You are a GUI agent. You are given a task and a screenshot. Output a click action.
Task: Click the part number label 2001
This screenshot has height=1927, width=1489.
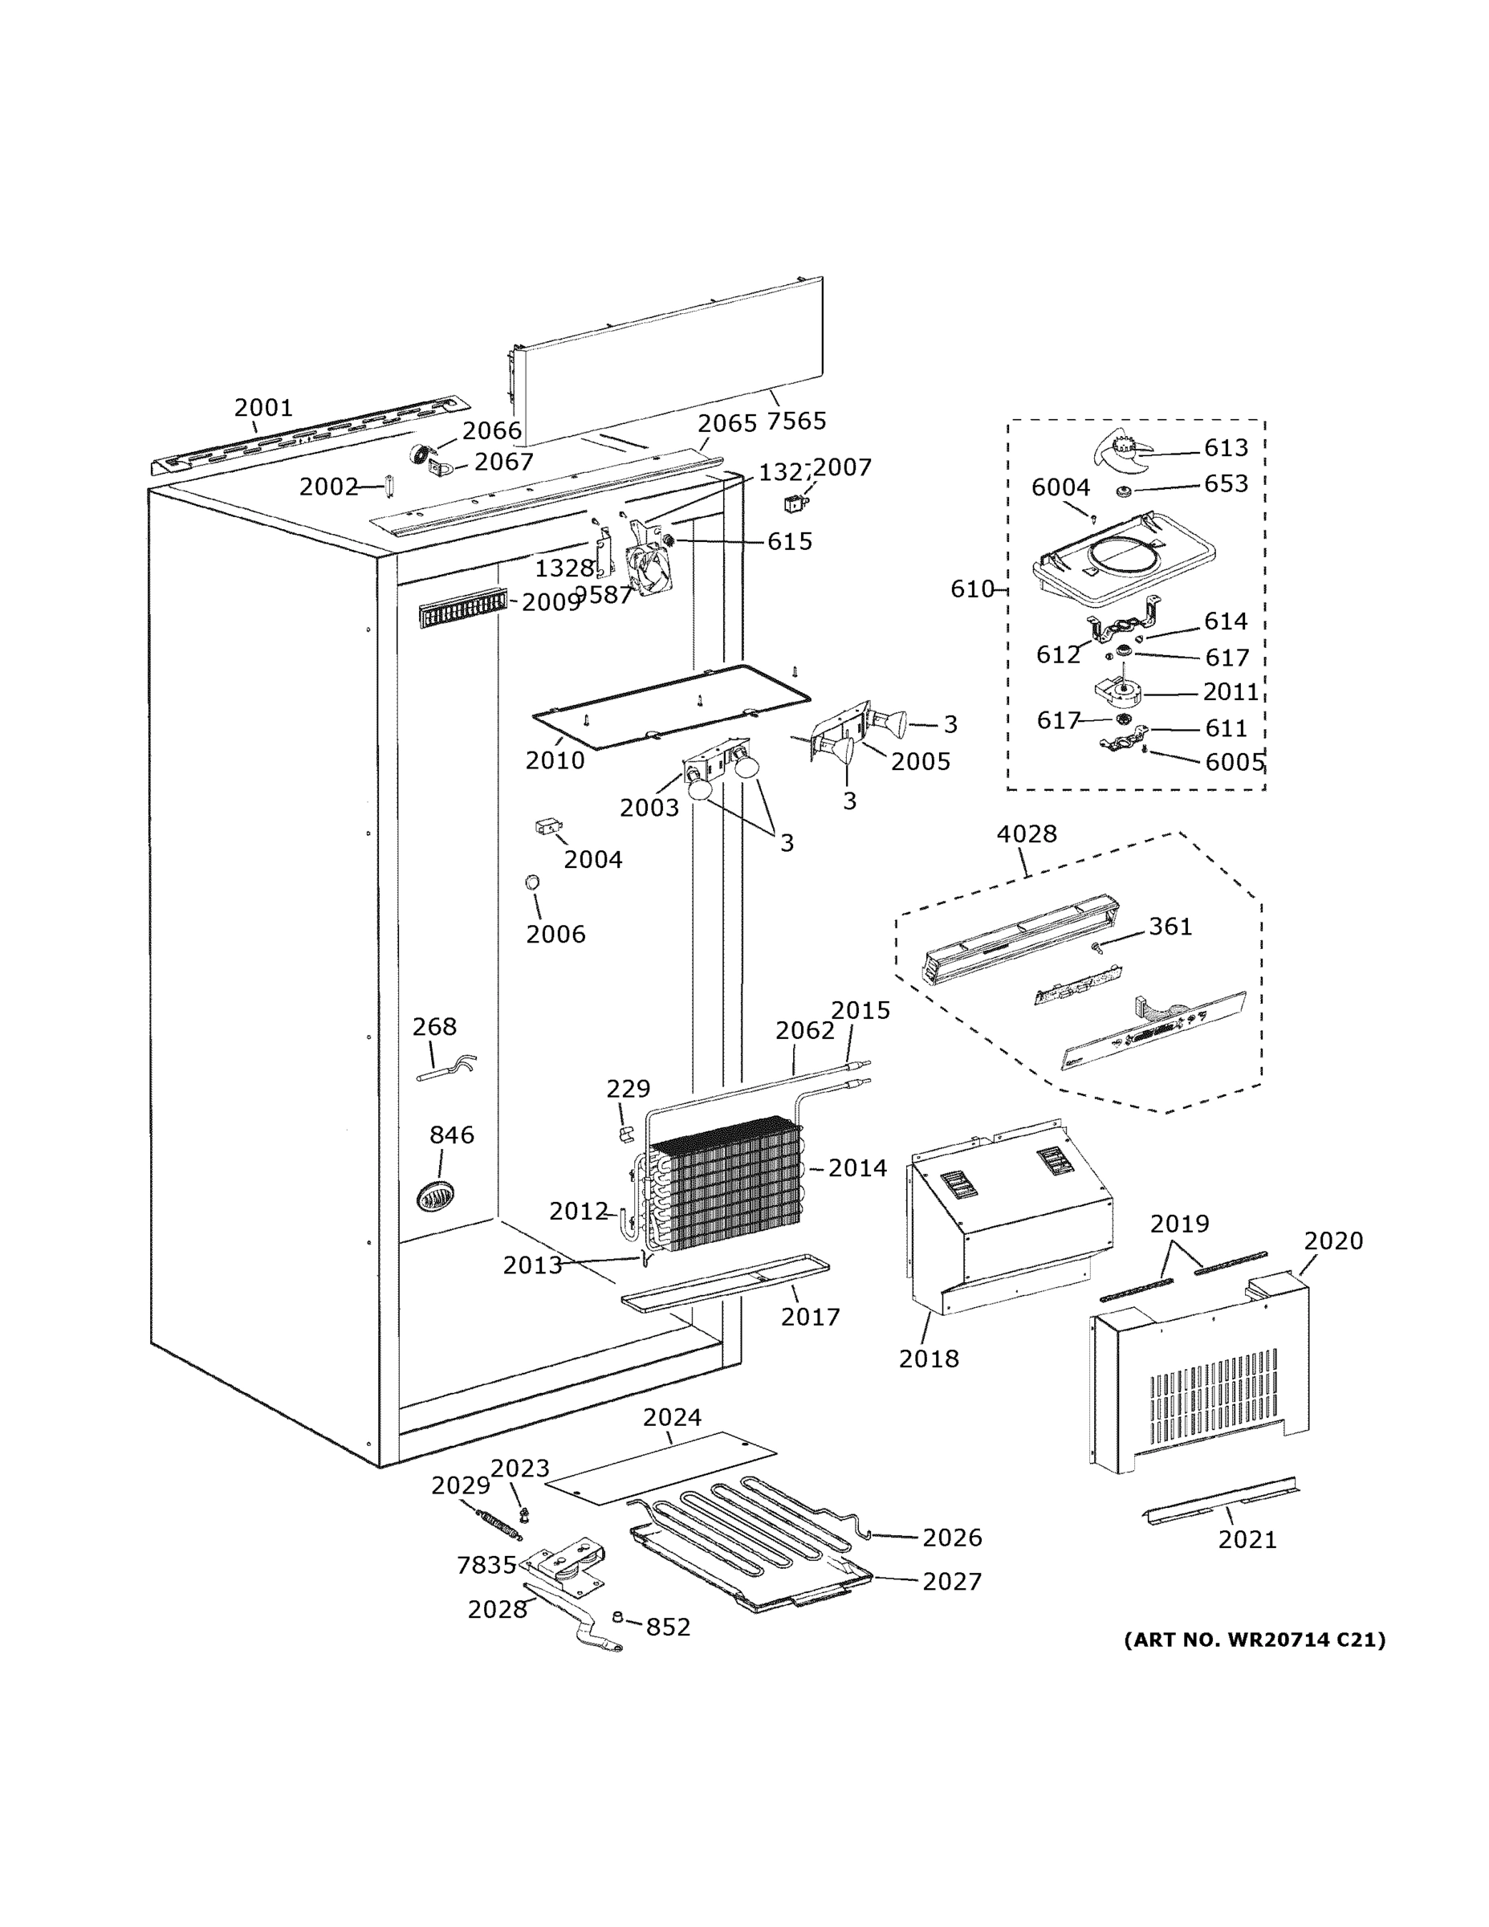262,408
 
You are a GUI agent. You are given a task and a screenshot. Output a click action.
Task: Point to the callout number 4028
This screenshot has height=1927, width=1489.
1026,833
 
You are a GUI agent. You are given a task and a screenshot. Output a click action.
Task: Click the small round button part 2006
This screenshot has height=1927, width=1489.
532,882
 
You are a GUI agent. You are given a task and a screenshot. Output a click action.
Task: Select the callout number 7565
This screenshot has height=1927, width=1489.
795,421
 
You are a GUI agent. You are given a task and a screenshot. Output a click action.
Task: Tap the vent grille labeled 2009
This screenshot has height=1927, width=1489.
462,608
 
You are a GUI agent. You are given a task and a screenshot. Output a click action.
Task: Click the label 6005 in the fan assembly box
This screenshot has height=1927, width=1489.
1234,762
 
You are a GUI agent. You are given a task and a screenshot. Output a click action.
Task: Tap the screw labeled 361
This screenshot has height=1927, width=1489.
1096,947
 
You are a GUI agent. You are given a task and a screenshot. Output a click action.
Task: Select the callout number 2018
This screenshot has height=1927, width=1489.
928,1359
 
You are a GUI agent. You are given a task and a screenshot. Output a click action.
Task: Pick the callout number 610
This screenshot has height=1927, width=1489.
971,589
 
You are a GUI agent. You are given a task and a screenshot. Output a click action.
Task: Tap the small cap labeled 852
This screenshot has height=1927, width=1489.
618,1616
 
